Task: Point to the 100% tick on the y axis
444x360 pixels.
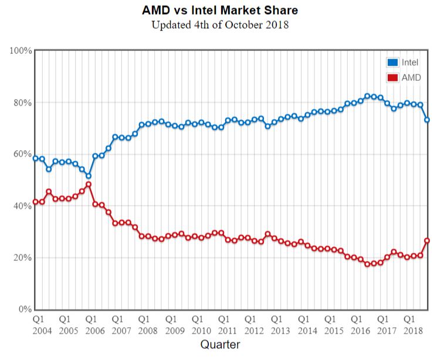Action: (21, 51)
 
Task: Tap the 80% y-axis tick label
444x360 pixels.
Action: (22, 103)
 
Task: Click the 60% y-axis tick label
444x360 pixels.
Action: (22, 154)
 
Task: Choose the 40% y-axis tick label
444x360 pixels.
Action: (22, 206)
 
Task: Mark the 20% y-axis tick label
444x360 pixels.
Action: (22, 257)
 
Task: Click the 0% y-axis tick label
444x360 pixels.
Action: (25, 309)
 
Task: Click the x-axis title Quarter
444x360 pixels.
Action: (221, 344)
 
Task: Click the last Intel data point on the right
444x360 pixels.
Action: (428, 120)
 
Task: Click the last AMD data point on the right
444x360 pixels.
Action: (428, 240)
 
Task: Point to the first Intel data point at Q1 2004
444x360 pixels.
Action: (35, 158)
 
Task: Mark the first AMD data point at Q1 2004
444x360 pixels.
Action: (35, 202)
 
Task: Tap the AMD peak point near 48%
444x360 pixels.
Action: (89, 184)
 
